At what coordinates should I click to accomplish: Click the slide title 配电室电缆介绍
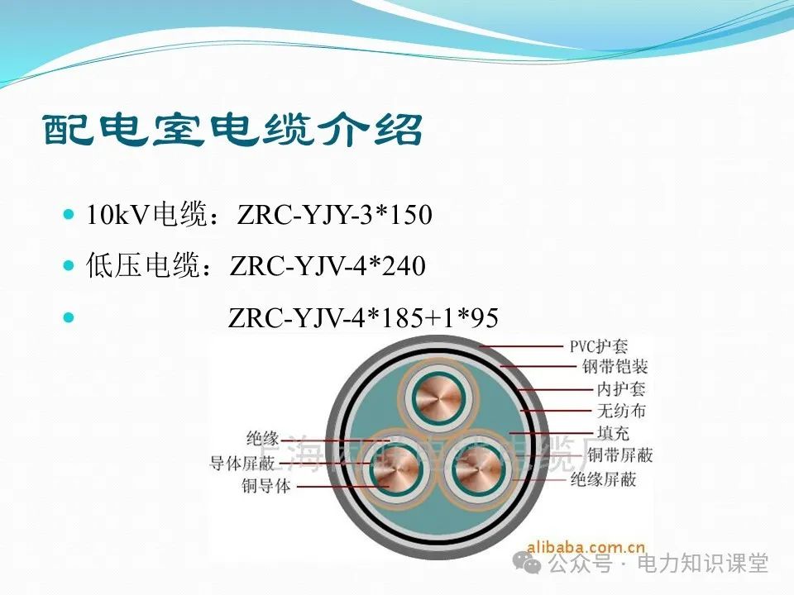(233, 131)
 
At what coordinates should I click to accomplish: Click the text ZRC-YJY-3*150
(334, 216)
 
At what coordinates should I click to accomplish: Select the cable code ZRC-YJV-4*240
(328, 266)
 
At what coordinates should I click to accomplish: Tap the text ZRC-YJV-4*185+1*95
(363, 317)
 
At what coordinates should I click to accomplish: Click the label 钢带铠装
(615, 367)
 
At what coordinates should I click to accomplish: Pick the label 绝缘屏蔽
(603, 478)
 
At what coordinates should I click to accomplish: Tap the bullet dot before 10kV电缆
(69, 214)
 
